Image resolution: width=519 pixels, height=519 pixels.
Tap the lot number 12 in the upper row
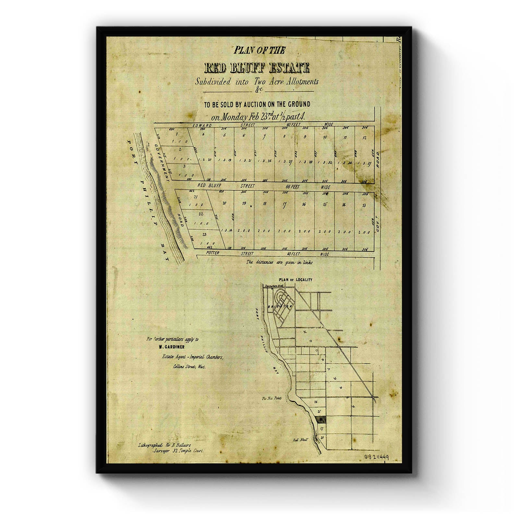pyautogui.click(x=365, y=138)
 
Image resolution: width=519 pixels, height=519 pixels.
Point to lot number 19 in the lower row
pyautogui.click(x=244, y=204)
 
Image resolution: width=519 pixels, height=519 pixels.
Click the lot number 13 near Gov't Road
pyautogui.click(x=364, y=205)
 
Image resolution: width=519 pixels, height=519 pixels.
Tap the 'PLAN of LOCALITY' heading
pyautogui.click(x=295, y=279)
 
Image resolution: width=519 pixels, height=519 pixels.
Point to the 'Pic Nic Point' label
pyautogui.click(x=272, y=398)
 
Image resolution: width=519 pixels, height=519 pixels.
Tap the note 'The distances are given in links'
pyautogui.click(x=279, y=262)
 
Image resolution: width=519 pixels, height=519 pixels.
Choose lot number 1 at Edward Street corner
pyautogui.click(x=177, y=134)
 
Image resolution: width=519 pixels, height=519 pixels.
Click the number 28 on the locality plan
pyautogui.click(x=322, y=438)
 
